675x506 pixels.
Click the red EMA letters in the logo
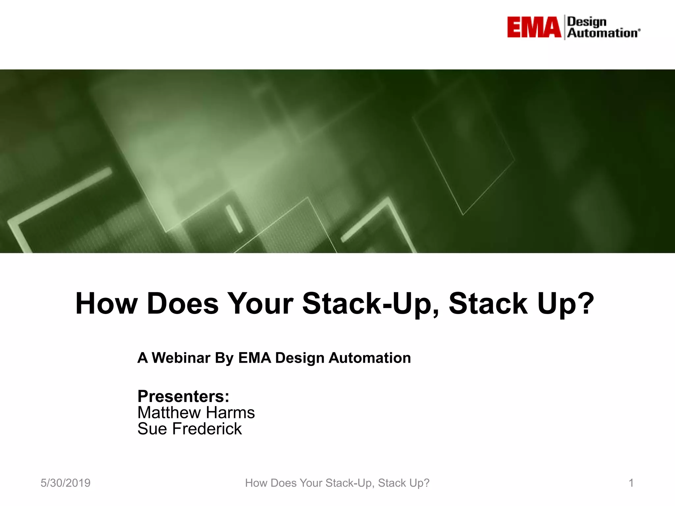(534, 27)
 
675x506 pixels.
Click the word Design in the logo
(587, 22)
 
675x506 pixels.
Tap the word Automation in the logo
(602, 33)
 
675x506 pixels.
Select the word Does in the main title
(183, 303)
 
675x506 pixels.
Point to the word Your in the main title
(260, 303)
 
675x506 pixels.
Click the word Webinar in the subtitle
(181, 358)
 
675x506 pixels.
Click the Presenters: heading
(183, 396)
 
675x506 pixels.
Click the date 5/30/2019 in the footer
(66, 483)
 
